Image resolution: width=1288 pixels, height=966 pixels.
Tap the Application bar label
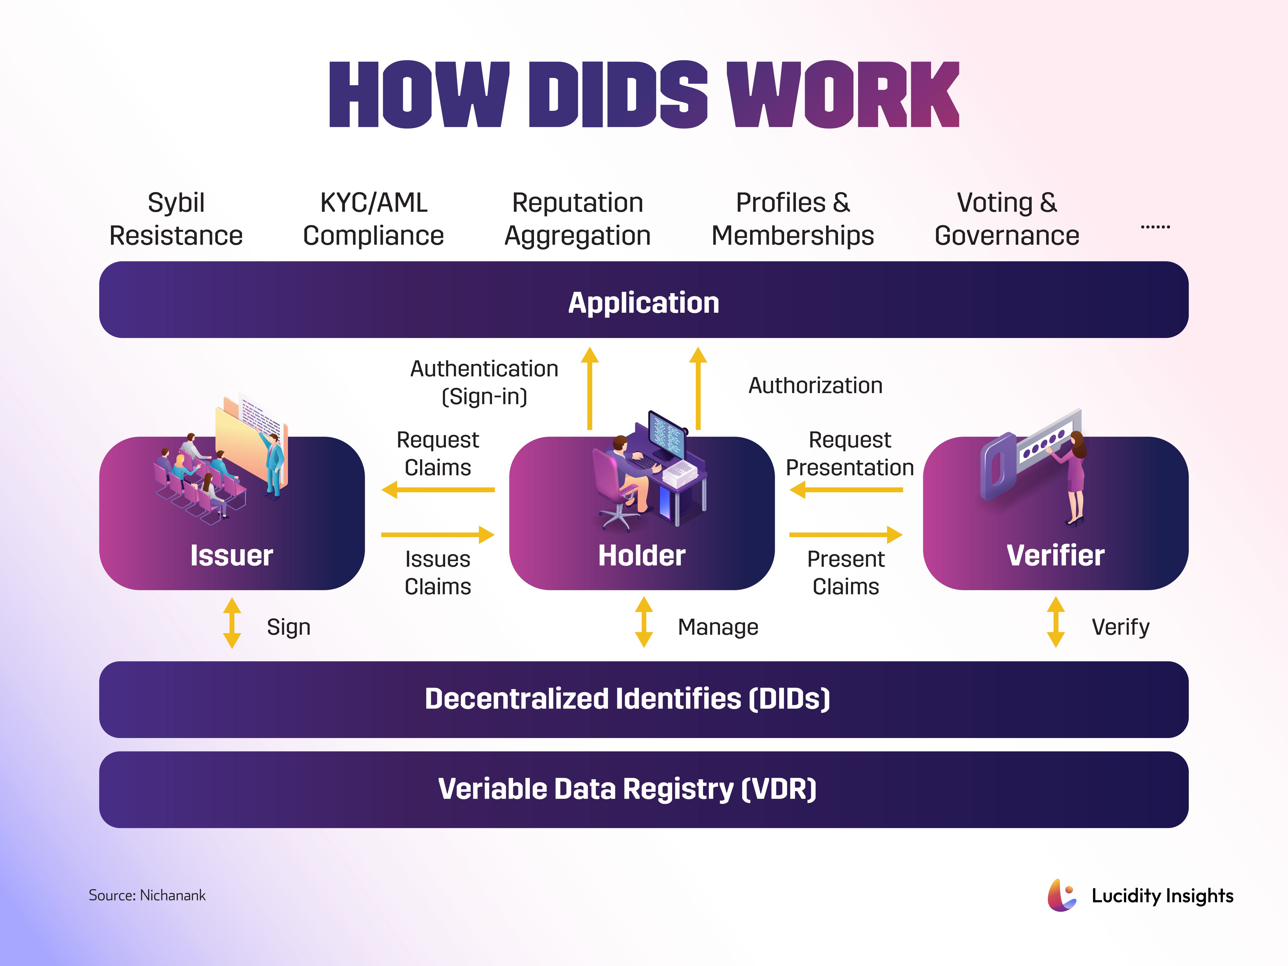[643, 303]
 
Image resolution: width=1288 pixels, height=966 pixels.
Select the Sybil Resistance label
[176, 219]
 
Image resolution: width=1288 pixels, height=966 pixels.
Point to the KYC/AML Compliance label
[373, 219]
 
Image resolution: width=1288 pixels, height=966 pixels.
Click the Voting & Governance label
[1007, 219]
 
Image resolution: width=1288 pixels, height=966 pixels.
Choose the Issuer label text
[232, 555]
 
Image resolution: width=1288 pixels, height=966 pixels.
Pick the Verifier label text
[1055, 555]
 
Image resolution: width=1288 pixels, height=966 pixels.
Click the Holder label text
[642, 555]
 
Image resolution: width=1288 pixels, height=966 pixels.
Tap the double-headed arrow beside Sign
[232, 623]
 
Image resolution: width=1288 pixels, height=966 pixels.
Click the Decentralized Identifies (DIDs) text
[627, 699]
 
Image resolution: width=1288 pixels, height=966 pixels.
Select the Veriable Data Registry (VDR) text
[627, 789]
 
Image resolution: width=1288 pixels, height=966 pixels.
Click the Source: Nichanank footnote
[147, 895]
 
